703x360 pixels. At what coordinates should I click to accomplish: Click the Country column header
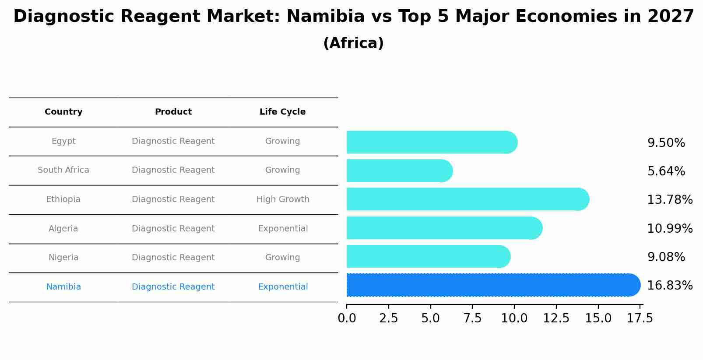pyautogui.click(x=63, y=112)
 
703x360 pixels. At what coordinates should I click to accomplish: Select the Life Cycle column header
pyautogui.click(x=282, y=112)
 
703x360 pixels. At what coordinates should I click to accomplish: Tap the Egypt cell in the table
pyautogui.click(x=63, y=141)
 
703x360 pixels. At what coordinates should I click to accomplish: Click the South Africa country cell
pyautogui.click(x=63, y=170)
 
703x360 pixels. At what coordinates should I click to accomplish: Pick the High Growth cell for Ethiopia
pyautogui.click(x=283, y=199)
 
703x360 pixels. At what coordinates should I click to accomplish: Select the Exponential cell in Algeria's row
pyautogui.click(x=283, y=229)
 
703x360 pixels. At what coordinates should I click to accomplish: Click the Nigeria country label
pyautogui.click(x=63, y=258)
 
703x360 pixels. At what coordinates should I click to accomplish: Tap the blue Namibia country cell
pyautogui.click(x=63, y=287)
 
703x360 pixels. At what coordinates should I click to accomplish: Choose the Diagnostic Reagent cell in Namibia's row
pyautogui.click(x=173, y=287)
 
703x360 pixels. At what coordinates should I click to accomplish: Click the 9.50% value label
pyautogui.click(x=666, y=143)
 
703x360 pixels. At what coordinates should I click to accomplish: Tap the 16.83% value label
pyautogui.click(x=670, y=286)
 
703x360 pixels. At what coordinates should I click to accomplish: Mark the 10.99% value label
pyautogui.click(x=670, y=229)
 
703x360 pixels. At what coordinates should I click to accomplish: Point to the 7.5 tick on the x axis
pyautogui.click(x=472, y=318)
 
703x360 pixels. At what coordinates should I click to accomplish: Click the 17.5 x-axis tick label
pyautogui.click(x=640, y=318)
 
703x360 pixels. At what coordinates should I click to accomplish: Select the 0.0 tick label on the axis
pyautogui.click(x=347, y=318)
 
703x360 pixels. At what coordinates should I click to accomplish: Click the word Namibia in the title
pyautogui.click(x=325, y=17)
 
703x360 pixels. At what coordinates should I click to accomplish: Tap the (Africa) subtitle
pyautogui.click(x=353, y=43)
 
